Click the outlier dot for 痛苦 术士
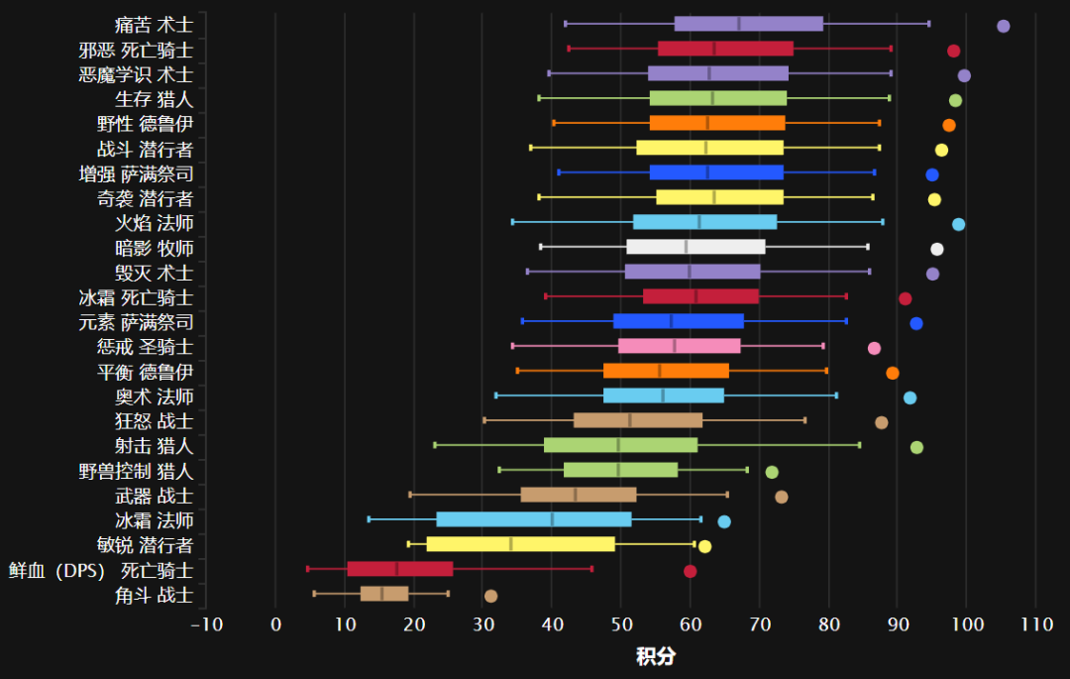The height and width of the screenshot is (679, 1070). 1003,26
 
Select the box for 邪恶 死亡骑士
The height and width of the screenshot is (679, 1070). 725,49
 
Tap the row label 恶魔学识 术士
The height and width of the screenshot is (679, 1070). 136,74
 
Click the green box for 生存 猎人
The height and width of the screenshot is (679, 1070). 717,98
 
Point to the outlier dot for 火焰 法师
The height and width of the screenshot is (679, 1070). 958,224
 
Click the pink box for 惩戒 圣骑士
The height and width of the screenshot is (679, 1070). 679,346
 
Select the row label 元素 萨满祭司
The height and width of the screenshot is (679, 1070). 136,322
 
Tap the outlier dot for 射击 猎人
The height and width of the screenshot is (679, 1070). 916,447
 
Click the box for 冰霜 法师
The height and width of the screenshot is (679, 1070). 533,519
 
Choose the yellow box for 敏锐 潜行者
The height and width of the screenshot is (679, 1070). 520,544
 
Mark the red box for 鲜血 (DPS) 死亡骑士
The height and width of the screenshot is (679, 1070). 399,569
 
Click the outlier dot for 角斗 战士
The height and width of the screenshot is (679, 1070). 490,596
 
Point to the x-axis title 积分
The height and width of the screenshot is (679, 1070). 655,656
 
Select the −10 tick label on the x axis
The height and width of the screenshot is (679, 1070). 206,623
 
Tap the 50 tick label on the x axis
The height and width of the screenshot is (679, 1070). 621,623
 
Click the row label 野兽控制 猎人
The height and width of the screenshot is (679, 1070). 136,471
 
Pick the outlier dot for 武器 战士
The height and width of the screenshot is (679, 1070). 781,497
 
